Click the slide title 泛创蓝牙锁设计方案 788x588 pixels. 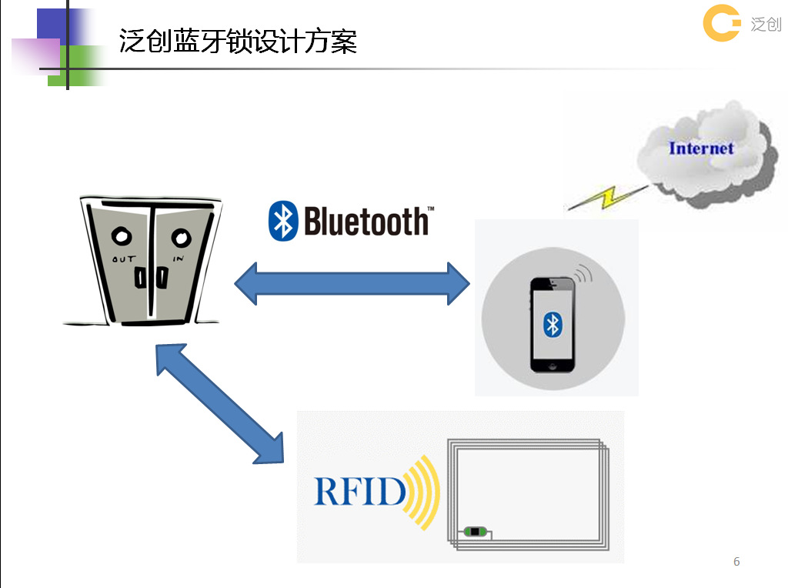point(238,41)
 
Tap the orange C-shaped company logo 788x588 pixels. point(721,24)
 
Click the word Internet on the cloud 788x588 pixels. point(701,148)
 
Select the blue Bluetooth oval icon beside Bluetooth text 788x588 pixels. point(283,222)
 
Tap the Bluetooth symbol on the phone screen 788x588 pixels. point(552,324)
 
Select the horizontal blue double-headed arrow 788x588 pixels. point(352,283)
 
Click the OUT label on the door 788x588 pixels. point(124,259)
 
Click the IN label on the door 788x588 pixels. point(178,259)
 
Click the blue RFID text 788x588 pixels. point(359,491)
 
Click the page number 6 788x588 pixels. point(736,562)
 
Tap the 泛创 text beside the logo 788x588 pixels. point(766,25)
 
